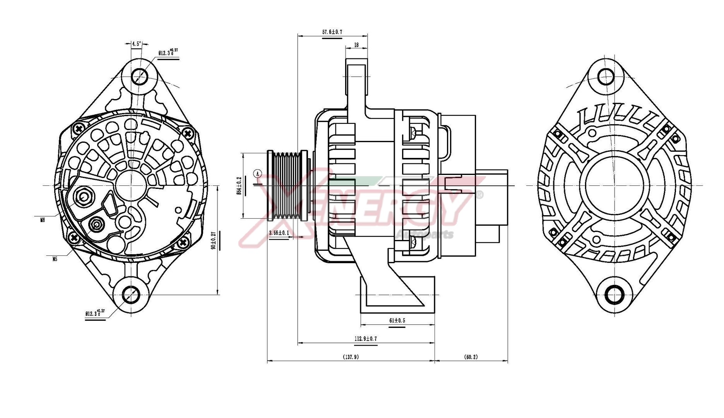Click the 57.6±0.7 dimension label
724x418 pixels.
coord(332,32)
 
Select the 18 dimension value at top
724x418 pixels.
coord(356,45)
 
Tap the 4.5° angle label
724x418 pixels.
coord(137,44)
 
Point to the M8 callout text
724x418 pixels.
coord(43,220)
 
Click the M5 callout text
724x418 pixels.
coord(55,259)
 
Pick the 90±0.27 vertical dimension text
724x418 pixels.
coord(213,241)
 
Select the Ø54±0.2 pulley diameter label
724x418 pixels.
coord(239,186)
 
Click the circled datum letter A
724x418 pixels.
coord(258,173)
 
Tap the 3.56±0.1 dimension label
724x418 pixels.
coord(279,233)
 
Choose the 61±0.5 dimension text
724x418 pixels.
coord(397,320)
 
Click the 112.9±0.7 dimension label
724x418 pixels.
coord(365,339)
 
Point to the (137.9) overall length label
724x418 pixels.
coord(351,357)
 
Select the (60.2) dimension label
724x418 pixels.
coord(471,357)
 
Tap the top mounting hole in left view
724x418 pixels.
coord(139,76)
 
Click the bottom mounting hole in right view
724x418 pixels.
coord(614,295)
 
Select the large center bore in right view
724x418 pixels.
coord(614,186)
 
